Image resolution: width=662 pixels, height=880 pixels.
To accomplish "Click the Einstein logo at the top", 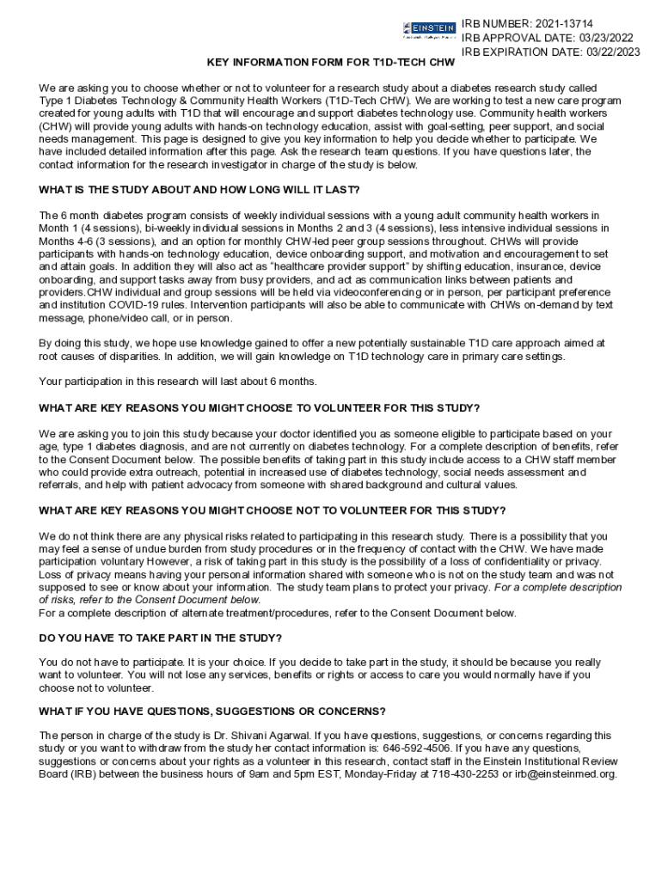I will click(429, 31).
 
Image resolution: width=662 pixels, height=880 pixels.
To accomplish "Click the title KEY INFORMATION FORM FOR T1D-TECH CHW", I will click(330, 64).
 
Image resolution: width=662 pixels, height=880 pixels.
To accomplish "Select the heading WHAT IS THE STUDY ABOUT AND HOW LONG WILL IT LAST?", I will click(199, 190).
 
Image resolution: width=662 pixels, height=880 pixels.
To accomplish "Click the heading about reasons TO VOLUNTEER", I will click(260, 408).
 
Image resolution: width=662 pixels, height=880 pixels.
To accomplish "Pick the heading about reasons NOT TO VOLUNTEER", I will click(273, 510).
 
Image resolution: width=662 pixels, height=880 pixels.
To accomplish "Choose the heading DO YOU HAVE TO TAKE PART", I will click(161, 638).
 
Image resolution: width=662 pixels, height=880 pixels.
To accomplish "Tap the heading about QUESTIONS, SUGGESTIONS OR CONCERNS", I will click(212, 712).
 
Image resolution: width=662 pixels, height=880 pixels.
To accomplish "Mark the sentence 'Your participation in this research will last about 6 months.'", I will click(178, 382).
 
